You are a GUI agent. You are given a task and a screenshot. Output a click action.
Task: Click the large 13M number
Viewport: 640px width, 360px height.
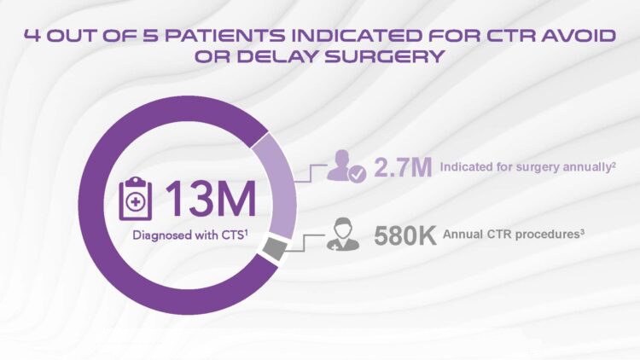(x=211, y=199)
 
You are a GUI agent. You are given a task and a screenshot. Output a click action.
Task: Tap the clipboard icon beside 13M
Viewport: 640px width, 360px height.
(x=136, y=199)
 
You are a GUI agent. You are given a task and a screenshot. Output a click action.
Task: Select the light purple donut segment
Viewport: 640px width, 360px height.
(x=275, y=186)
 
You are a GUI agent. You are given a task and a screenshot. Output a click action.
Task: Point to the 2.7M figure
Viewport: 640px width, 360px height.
(x=403, y=167)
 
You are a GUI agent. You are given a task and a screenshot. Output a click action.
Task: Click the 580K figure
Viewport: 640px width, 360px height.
(x=404, y=235)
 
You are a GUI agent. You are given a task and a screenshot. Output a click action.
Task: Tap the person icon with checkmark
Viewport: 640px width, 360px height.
(x=346, y=165)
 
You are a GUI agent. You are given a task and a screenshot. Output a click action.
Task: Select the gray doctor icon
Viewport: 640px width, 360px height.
(x=343, y=234)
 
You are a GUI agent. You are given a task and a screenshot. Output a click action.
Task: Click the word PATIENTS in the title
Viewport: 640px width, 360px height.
(x=225, y=36)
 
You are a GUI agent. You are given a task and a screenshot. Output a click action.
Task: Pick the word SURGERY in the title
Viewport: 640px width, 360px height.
(x=384, y=56)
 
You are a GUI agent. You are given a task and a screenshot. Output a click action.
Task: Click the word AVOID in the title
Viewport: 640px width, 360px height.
(x=579, y=36)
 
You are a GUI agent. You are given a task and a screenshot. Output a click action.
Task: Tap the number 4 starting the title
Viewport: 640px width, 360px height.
(x=32, y=36)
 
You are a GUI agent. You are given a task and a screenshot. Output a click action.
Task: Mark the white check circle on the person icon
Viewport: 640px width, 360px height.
(x=358, y=174)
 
